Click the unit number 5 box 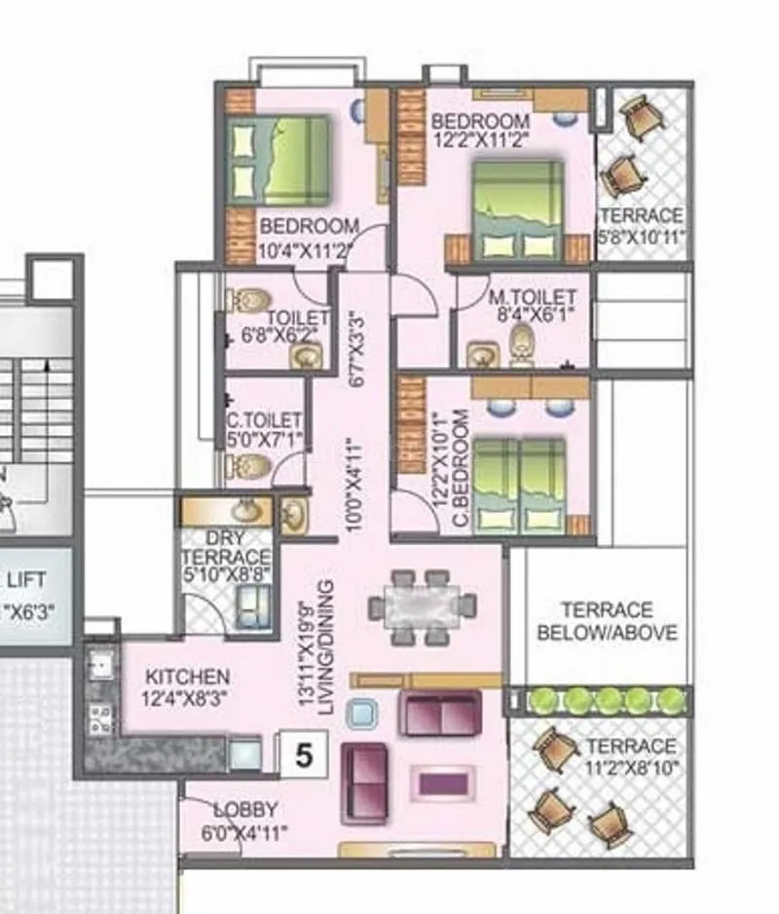pos(304,755)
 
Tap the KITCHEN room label pos(188,676)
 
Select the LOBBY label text pos(245,810)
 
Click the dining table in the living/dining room pos(422,607)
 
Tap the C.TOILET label pos(264,421)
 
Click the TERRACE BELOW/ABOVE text pos(607,621)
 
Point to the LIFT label pos(26,581)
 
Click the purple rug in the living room pos(445,781)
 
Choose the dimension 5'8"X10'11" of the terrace pos(643,236)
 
